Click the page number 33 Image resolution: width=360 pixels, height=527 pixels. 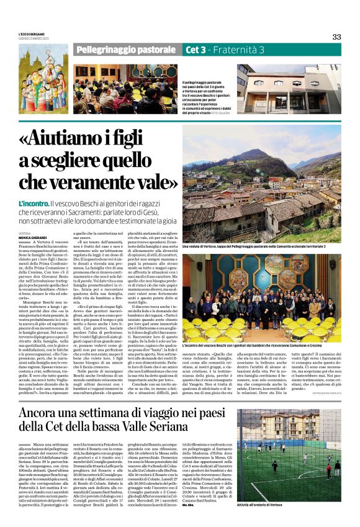click(336, 37)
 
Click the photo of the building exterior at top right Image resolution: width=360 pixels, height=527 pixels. click(289, 89)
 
